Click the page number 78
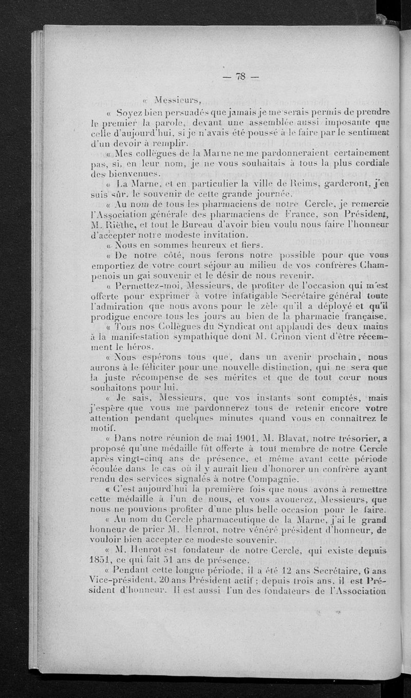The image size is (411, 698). point(240,77)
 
